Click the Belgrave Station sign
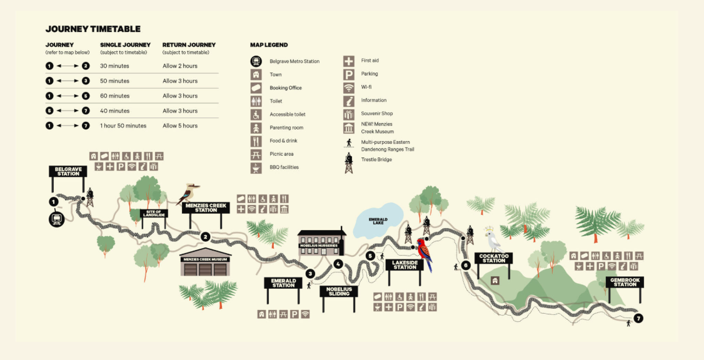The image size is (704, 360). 68,171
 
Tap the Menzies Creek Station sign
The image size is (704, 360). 206,207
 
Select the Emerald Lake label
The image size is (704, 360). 378,221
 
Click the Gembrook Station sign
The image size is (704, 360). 624,282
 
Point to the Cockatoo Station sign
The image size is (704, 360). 493,257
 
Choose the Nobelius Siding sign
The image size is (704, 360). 339,291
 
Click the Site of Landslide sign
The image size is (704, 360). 154,214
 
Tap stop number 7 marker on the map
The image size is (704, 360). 638,318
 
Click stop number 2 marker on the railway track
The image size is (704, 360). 205,237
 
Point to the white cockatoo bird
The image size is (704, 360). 494,239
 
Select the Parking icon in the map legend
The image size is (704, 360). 349,74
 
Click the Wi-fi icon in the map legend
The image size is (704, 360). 349,87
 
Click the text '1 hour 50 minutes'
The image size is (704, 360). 123,126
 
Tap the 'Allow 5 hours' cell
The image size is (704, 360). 180,126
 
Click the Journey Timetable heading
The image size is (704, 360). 93,29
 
